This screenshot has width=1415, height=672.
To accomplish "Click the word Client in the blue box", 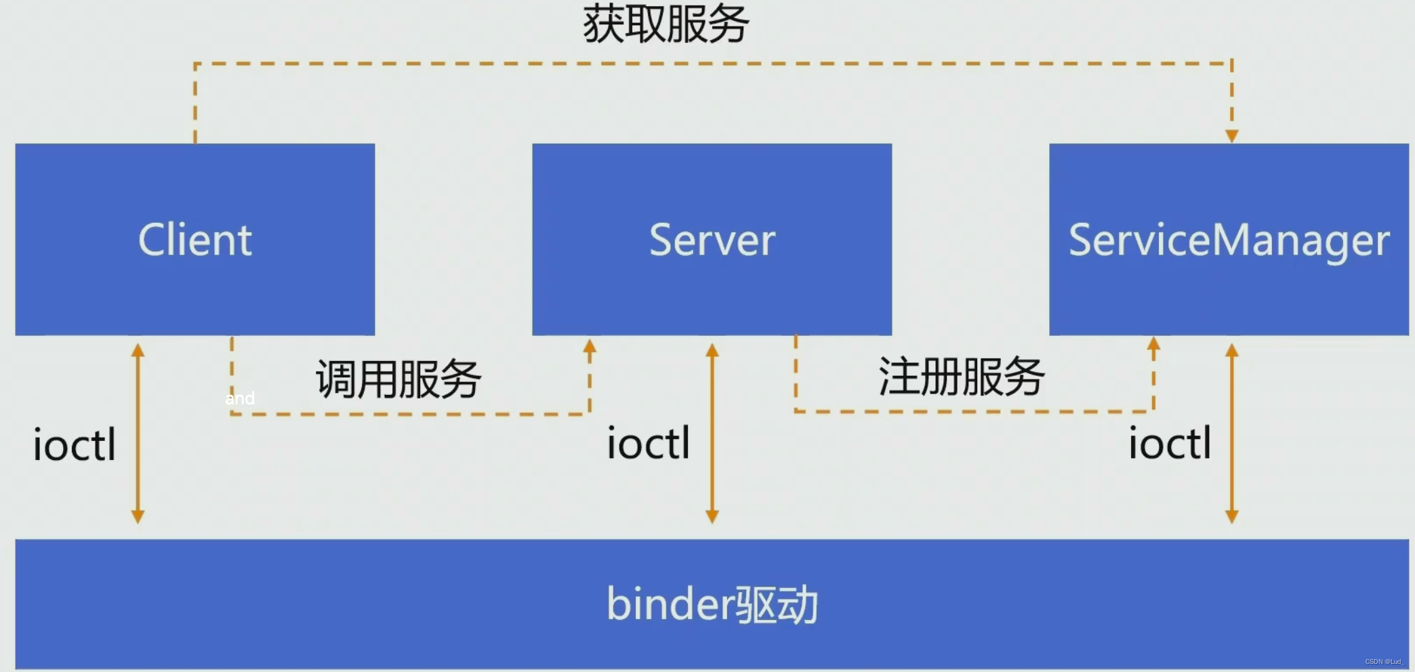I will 195,240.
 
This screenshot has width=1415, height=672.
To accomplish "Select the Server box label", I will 712,240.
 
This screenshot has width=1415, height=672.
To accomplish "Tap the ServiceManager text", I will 1229,240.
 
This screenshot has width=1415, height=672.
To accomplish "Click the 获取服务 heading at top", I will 665,24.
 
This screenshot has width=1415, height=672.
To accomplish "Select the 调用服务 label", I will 398,379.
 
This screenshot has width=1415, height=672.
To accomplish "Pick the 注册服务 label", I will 961,377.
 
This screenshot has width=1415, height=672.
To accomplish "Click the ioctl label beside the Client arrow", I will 75,445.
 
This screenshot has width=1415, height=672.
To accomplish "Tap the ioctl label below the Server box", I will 649,443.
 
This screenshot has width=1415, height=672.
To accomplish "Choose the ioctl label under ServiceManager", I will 1170,443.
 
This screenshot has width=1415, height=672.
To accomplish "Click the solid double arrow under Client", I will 138,434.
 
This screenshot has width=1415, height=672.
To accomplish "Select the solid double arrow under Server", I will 712,434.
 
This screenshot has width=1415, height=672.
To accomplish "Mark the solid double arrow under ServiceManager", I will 1232,434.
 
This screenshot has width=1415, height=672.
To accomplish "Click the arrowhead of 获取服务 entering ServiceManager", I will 1232,136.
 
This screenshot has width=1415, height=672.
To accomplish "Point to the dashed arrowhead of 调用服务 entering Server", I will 590,347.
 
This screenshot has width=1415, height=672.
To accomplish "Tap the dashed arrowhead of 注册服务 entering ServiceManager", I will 1153,344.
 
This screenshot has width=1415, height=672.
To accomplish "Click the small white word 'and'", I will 240,398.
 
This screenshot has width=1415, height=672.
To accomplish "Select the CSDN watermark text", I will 1382,662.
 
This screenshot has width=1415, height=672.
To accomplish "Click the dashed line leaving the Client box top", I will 195,102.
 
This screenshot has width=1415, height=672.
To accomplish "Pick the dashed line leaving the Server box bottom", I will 796,373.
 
